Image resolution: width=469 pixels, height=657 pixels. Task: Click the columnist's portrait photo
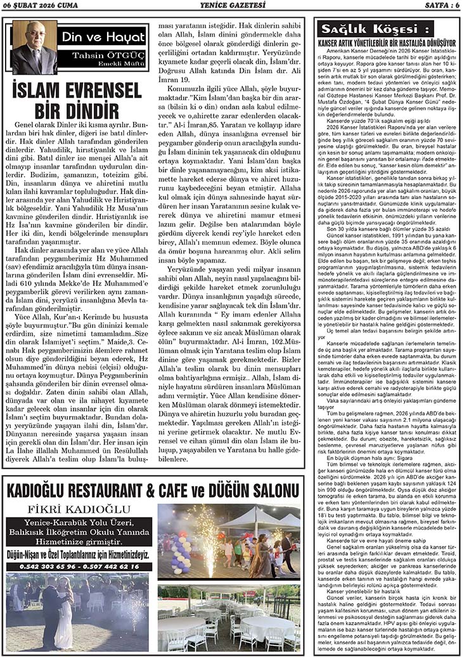tap(33, 48)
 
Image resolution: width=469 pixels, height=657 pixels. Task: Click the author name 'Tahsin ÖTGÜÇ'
tap(112, 56)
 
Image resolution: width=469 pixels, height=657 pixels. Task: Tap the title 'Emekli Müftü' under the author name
tap(123, 65)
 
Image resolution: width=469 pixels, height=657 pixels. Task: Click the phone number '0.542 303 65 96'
tap(41, 567)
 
